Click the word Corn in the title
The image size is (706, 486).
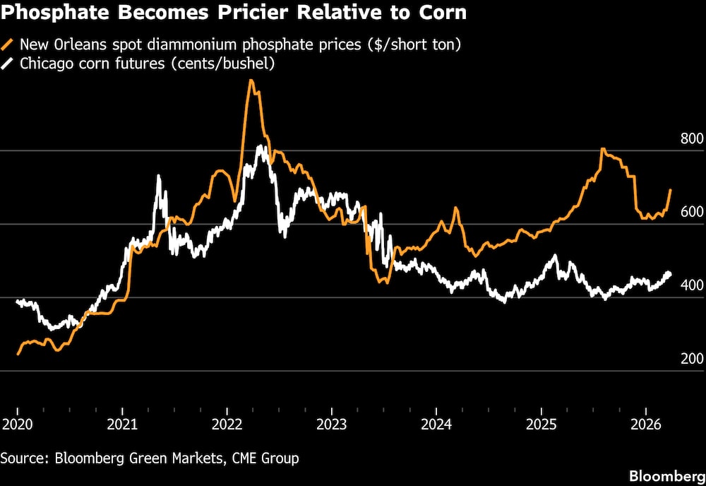click(x=443, y=13)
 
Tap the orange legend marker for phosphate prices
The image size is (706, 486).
click(x=8, y=45)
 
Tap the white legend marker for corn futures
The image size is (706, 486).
click(x=8, y=64)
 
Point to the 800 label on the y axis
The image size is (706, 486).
click(x=692, y=138)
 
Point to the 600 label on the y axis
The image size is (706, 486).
click(x=692, y=212)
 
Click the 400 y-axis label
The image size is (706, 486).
click(x=692, y=285)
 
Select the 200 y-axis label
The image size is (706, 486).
click(x=692, y=359)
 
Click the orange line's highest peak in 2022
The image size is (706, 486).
click(x=251, y=81)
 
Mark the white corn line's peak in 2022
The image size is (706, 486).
click(x=261, y=147)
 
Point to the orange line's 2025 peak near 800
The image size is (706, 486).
click(x=602, y=150)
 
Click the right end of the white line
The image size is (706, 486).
click(x=669, y=273)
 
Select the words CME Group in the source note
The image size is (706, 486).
click(x=263, y=458)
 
